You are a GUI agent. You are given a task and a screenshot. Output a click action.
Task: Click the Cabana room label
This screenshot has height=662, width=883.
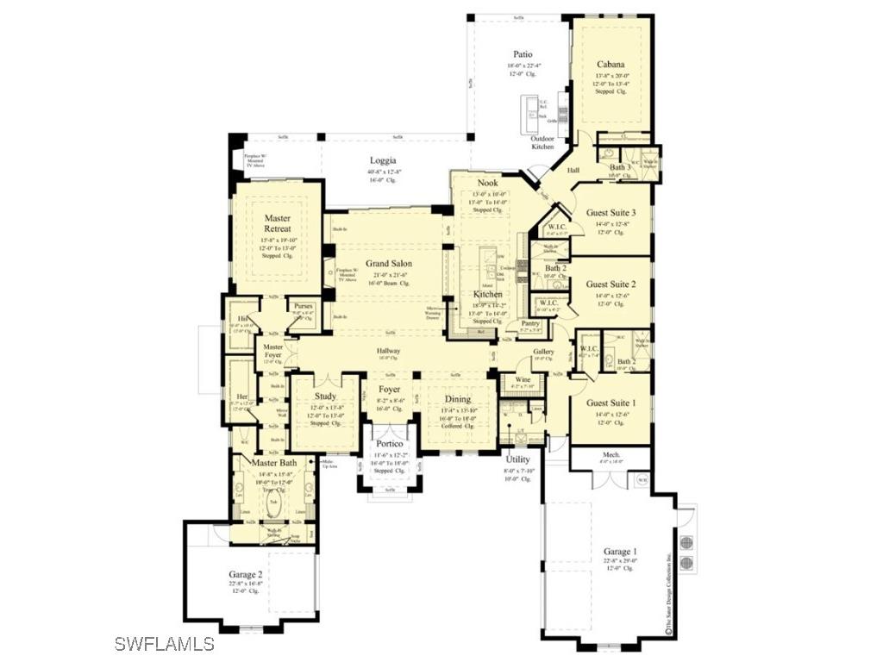click(x=611, y=64)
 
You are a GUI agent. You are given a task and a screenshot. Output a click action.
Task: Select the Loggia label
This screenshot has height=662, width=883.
click(x=383, y=160)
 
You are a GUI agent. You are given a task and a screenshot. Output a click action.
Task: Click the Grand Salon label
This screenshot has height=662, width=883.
click(x=388, y=264)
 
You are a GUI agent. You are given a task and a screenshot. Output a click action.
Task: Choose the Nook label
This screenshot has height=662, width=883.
click(x=487, y=183)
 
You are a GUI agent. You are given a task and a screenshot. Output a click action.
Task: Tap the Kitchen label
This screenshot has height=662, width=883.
click(x=487, y=295)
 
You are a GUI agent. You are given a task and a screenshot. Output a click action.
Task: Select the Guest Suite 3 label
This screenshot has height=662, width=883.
click(x=611, y=213)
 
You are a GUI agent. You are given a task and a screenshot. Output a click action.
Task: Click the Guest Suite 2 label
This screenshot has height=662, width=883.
click(x=611, y=284)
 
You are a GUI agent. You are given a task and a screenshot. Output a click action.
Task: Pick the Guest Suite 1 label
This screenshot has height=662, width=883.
click(x=611, y=403)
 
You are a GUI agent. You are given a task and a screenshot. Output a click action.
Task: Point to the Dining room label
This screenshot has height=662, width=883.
click(x=457, y=399)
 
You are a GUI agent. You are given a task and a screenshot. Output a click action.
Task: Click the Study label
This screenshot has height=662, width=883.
click(x=325, y=397)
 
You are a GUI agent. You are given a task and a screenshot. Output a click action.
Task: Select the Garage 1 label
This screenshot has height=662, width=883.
click(x=619, y=551)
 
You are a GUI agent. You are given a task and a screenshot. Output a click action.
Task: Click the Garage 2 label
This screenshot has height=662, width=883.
click(x=246, y=574)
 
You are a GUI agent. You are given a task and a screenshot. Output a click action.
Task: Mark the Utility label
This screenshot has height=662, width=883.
click(x=517, y=460)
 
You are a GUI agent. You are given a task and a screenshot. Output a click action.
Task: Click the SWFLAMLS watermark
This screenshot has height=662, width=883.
click(x=164, y=643)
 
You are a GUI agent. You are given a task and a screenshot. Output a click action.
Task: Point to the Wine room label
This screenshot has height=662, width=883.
click(x=523, y=379)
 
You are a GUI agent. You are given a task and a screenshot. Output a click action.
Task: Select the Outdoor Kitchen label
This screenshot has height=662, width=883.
click(x=542, y=142)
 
